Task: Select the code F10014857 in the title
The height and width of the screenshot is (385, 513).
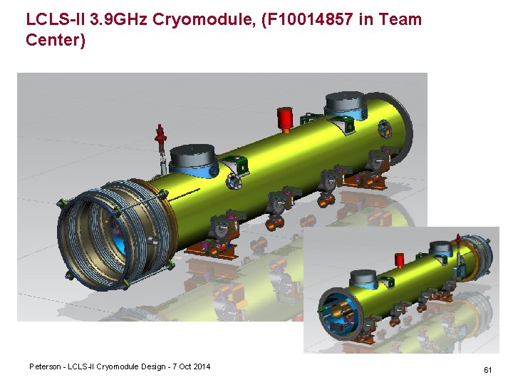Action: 307,19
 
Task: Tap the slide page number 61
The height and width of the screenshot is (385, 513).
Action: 488,370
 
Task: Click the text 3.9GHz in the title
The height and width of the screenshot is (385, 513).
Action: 118,19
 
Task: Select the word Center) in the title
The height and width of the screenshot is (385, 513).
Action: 56,40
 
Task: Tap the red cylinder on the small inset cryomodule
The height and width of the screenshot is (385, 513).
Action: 399,260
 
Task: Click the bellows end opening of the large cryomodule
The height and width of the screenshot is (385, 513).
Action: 95,236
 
